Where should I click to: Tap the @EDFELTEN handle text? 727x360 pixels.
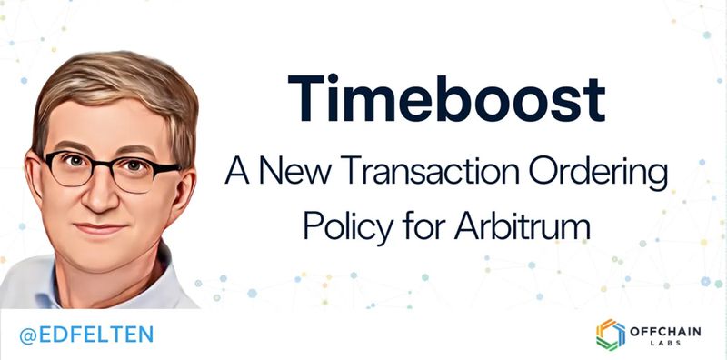[86, 334]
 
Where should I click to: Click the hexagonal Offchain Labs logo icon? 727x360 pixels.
[611, 334]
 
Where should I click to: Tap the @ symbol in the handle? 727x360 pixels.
[26, 334]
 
